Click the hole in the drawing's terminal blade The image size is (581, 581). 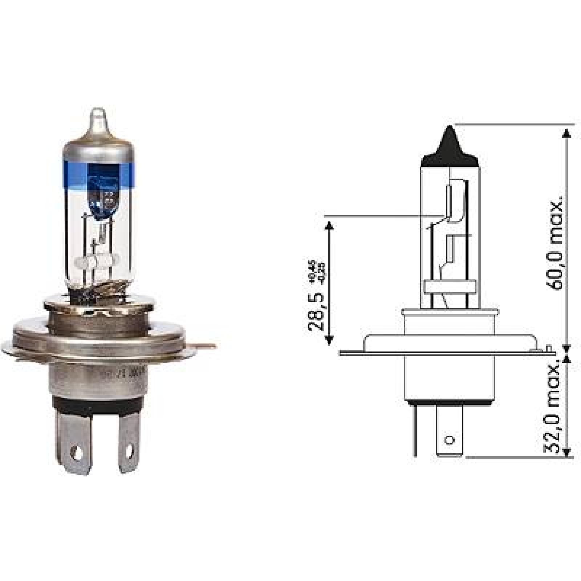click(x=450, y=440)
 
